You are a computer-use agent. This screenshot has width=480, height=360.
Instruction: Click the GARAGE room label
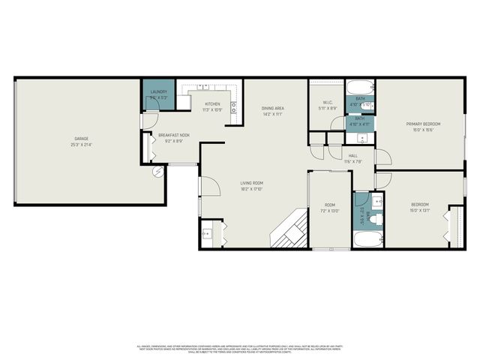click(81, 139)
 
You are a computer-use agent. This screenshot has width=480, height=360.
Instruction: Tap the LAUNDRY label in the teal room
click(158, 92)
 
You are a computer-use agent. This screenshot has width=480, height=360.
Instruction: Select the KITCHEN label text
click(213, 104)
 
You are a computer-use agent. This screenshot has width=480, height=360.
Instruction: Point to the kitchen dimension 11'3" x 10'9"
click(213, 110)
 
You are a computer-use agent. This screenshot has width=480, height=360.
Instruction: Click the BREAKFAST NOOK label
click(173, 135)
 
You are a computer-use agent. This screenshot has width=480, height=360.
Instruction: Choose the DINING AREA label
click(271, 109)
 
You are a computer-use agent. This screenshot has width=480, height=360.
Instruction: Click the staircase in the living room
click(290, 228)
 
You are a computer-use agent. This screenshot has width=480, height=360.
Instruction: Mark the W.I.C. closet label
click(327, 103)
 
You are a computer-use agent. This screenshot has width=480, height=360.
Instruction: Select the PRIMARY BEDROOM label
click(423, 124)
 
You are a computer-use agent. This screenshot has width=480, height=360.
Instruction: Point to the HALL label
click(352, 156)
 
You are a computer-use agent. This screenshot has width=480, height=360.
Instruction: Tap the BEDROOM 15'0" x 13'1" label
click(420, 205)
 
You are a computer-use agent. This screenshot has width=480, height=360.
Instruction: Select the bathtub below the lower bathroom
click(367, 241)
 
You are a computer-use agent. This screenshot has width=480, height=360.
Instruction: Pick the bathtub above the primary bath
click(360, 85)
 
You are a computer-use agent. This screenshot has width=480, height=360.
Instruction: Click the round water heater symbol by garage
click(158, 172)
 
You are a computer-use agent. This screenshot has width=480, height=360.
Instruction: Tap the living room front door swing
click(208, 185)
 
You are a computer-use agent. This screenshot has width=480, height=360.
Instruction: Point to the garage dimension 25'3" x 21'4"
click(81, 145)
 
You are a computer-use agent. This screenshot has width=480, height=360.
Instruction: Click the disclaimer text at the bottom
click(240, 348)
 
